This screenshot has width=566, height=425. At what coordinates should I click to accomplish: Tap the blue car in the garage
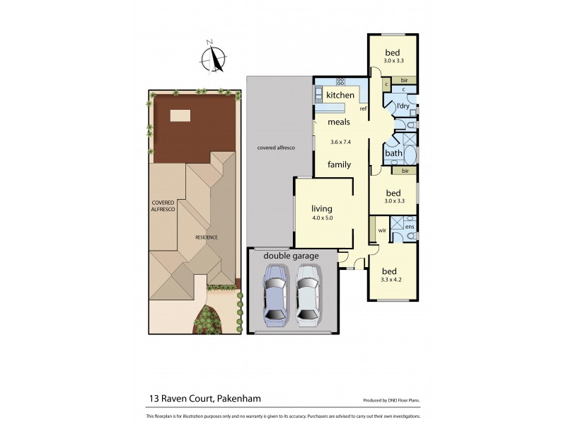pos(275,295)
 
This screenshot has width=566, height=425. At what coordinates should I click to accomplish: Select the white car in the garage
pos(308,295)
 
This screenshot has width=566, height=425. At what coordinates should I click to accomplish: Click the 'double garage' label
pos(291,255)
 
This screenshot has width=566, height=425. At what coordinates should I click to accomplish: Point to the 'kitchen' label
pos(340,95)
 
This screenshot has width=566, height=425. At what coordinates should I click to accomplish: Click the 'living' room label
pos(322,209)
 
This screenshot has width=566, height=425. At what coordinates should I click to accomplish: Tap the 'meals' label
pos(339,122)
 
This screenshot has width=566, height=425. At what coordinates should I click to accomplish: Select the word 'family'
pos(340,164)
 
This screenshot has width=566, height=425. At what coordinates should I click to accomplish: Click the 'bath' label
pos(393,153)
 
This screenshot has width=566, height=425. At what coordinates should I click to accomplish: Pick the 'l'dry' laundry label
pos(403,106)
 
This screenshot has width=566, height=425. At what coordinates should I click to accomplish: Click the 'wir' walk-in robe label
pos(381,230)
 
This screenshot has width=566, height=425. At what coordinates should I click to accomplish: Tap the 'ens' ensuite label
pos(410,227)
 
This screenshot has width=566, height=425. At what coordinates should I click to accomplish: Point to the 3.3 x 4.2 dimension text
pos(391,280)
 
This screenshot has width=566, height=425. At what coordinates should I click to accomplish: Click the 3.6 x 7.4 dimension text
pos(341,142)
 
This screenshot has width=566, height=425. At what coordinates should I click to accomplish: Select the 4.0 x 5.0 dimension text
pos(322,218)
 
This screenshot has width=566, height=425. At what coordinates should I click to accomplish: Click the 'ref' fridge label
pos(362,108)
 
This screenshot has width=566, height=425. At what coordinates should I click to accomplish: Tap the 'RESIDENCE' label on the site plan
pos(207,237)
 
